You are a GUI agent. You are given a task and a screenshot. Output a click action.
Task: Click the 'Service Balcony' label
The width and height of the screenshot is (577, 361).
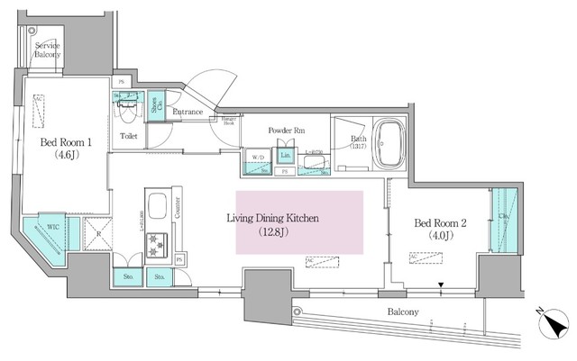pos(48,50)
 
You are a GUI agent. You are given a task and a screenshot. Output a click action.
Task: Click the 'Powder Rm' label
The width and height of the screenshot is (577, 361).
pos(287,130)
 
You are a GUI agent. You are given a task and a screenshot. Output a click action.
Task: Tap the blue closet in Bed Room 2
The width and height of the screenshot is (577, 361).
pos(501,221)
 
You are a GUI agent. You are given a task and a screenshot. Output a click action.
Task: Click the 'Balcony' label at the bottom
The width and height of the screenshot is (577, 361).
pos(404,311)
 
